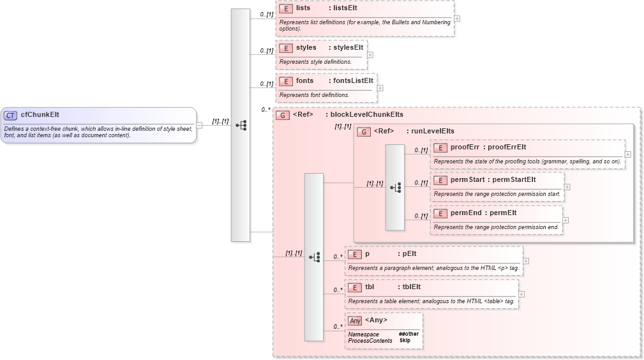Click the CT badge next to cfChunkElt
(10, 116)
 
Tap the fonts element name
(304, 81)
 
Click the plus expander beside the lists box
(457, 19)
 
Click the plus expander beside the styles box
(370, 55)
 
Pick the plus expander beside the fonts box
(380, 88)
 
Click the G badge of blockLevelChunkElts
(283, 116)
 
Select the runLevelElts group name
(433, 131)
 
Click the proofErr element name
(464, 147)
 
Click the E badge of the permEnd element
(440, 213)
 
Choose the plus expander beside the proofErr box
(628, 154)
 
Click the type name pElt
(410, 253)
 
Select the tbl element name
(370, 287)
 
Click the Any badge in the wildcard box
(355, 320)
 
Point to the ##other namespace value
(409, 334)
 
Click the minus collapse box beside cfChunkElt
(199, 125)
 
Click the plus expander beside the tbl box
(521, 294)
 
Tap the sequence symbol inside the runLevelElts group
(394, 187)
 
